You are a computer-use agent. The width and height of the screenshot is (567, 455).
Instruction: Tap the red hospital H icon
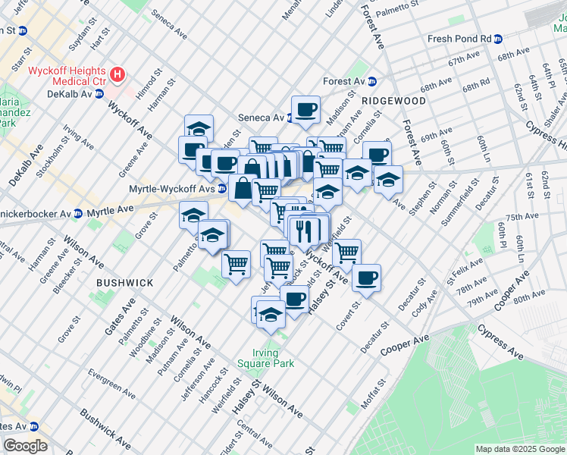click(117, 75)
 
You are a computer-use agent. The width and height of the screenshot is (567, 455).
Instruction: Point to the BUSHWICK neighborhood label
click(125, 282)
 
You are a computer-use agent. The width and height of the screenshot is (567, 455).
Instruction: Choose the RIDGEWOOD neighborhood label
click(393, 100)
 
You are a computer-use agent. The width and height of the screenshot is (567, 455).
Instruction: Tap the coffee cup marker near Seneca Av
click(306, 109)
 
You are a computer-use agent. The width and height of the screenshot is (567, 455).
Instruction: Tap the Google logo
click(25, 446)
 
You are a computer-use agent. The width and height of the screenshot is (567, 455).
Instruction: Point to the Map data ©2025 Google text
click(519, 449)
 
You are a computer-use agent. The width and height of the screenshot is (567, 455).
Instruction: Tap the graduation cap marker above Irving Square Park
click(271, 313)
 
